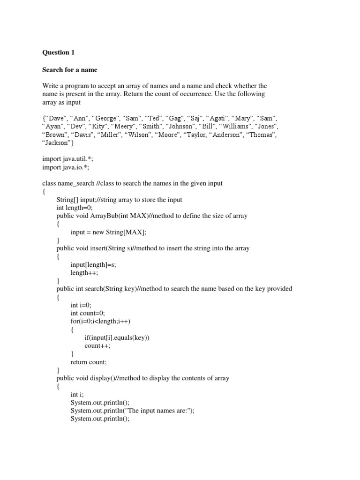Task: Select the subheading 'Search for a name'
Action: (x=69, y=70)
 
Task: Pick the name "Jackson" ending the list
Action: (x=56, y=143)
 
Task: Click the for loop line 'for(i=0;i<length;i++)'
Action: (x=101, y=321)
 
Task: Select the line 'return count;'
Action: (x=89, y=362)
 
